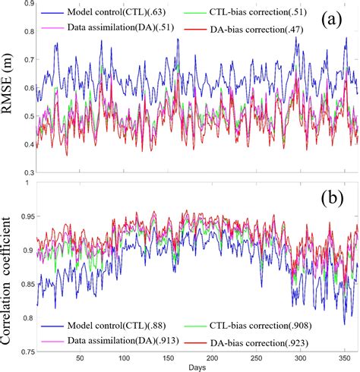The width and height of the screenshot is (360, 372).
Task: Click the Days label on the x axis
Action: (197, 367)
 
